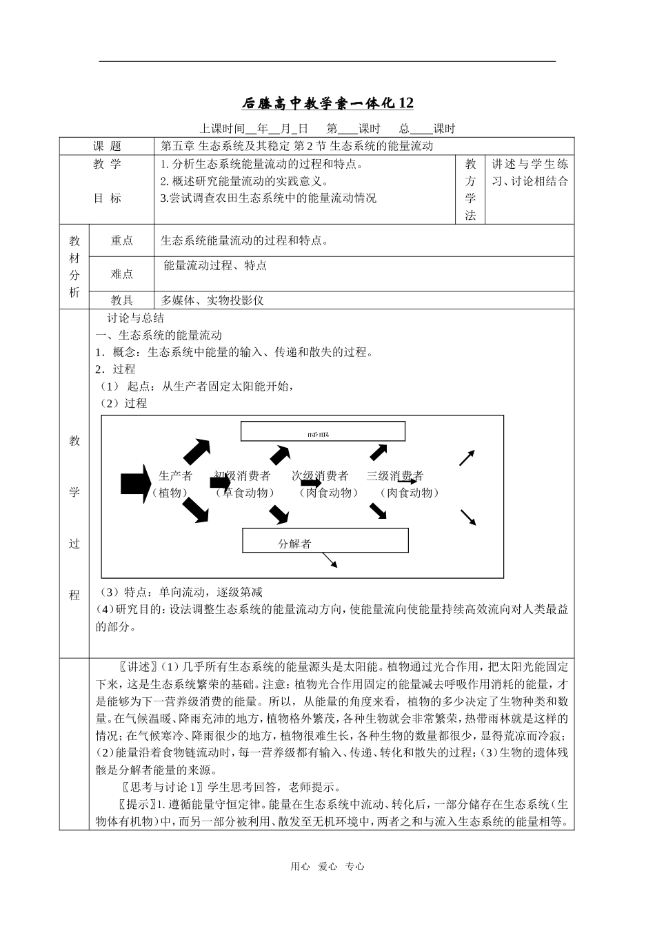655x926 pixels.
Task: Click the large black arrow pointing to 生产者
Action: coord(135,483)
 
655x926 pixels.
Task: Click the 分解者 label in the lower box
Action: coord(294,544)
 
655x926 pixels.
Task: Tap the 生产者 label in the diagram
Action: coord(175,475)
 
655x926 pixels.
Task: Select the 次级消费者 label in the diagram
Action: coord(320,475)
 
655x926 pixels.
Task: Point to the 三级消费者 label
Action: coord(394,475)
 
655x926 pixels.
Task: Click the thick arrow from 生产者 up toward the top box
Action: coord(197,450)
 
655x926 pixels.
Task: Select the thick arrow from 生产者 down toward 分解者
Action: coord(196,511)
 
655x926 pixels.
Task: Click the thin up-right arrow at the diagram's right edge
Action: coord(467,457)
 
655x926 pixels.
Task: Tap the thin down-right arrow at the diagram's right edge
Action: coord(467,517)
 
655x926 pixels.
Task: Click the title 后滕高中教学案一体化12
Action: coord(327,103)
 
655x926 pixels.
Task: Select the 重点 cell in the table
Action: coord(122,240)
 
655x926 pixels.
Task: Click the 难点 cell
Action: coord(122,274)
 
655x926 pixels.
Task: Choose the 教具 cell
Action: coord(122,300)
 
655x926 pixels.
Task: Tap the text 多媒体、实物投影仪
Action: coord(212,300)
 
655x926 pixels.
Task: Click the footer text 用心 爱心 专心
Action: coord(327,867)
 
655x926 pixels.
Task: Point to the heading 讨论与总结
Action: coord(136,318)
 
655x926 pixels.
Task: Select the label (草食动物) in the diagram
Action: coord(244,493)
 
